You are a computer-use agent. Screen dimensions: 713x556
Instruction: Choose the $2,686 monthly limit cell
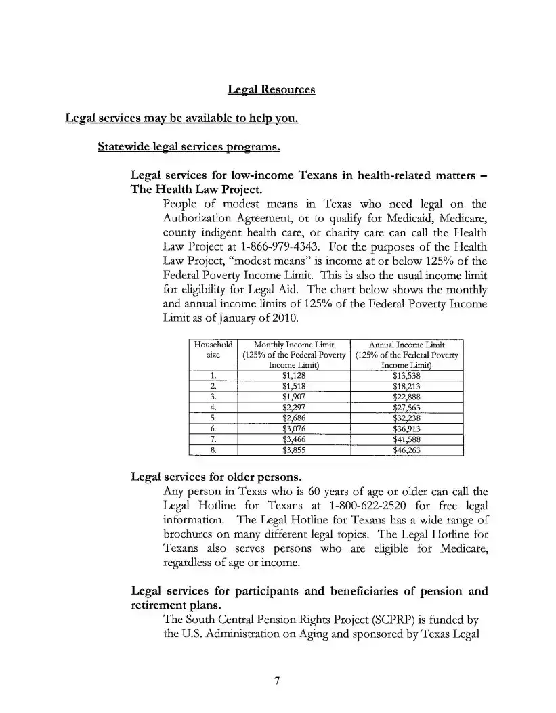295,418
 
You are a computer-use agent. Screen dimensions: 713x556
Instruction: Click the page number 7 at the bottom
277,680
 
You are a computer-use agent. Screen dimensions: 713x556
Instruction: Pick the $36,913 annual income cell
407,429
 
